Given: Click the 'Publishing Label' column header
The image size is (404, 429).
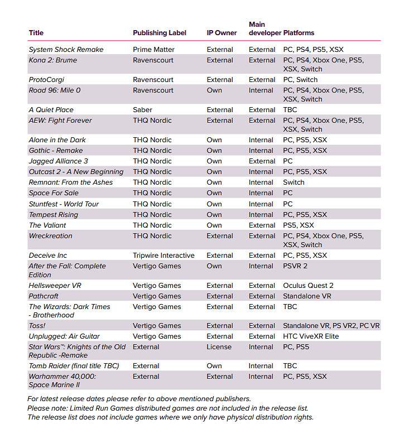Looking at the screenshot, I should [x=160, y=33].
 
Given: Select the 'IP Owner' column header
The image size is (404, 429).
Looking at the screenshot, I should [x=222, y=33].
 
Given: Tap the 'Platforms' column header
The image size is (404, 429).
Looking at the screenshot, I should [x=299, y=33].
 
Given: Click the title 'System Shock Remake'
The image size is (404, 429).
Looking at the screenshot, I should [x=66, y=50].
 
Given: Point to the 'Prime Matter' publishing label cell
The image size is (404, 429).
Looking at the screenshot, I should [x=153, y=50].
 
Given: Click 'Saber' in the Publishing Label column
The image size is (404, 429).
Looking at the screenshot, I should [x=143, y=110].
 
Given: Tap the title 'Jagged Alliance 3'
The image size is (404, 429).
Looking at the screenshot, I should [x=59, y=161].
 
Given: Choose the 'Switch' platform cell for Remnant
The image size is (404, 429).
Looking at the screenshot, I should [x=294, y=182].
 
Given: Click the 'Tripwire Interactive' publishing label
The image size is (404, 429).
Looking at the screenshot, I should [x=163, y=256].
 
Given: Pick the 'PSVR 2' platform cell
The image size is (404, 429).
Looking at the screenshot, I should [x=295, y=266].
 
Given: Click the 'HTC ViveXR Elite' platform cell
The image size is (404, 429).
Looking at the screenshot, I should [x=311, y=336].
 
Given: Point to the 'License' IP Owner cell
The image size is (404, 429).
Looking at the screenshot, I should [x=219, y=347].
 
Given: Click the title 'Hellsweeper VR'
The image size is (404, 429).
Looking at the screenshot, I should [x=56, y=286].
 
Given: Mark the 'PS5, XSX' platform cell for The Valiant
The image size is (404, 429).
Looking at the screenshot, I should [x=299, y=225].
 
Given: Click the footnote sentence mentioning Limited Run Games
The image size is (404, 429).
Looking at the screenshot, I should [x=167, y=408].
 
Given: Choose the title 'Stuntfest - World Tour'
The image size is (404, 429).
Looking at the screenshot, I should [x=64, y=204].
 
